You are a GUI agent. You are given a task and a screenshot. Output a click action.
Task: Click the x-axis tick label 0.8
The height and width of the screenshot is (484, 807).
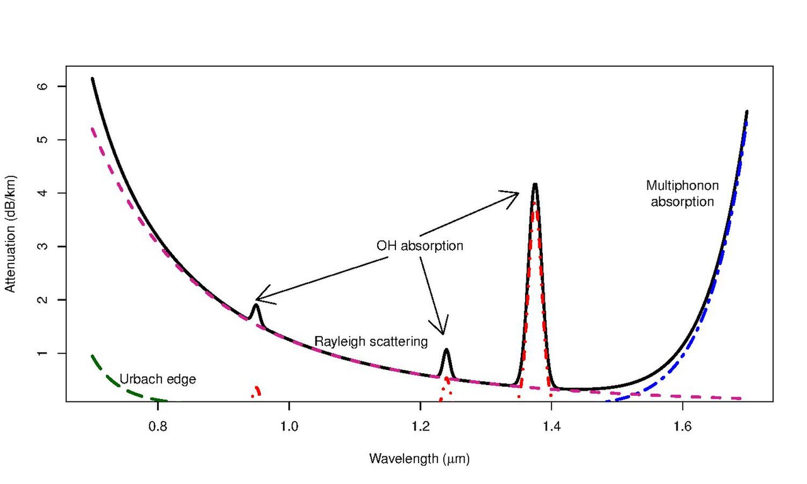click(158, 427)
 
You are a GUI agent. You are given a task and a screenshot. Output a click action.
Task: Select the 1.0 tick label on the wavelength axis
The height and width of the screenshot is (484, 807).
click(289, 427)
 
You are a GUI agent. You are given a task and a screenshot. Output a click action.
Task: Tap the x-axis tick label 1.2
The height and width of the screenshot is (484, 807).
click(420, 427)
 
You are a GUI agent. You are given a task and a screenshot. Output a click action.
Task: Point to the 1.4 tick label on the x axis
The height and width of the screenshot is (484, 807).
click(551, 427)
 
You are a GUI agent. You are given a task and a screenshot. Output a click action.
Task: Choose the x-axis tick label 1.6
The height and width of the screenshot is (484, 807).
click(682, 427)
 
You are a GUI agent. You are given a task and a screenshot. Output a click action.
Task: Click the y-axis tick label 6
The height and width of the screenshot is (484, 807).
click(42, 86)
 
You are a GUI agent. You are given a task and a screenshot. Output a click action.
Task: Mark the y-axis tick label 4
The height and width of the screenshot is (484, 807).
click(42, 193)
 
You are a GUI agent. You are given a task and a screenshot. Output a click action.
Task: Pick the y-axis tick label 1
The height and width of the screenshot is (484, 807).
click(42, 354)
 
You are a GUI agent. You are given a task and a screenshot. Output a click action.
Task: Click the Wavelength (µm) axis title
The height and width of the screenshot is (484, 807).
click(419, 459)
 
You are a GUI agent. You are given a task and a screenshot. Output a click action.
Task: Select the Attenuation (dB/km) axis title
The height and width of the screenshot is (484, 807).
click(10, 234)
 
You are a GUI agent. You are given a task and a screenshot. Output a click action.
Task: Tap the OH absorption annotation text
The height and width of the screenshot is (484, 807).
click(420, 246)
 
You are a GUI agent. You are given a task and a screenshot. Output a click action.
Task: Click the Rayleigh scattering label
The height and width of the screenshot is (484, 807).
click(371, 342)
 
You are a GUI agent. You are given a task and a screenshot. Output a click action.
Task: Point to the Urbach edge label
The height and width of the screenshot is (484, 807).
click(158, 379)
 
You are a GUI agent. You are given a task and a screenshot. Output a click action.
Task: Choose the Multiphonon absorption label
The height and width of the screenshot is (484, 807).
click(682, 193)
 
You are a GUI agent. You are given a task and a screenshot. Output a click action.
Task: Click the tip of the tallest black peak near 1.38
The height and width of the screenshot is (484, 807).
click(535, 185)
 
